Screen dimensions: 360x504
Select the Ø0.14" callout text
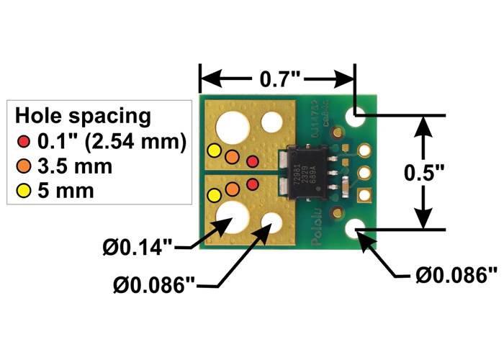pos(136,249)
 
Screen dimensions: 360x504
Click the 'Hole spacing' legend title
pos(83,115)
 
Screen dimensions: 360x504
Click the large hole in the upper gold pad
pos(230,130)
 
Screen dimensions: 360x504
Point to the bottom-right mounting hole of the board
pos(355,230)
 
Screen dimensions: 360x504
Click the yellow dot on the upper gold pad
pos(214,150)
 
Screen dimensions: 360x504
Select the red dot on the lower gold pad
pos(252,185)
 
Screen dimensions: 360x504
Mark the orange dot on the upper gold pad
pos(232,156)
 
